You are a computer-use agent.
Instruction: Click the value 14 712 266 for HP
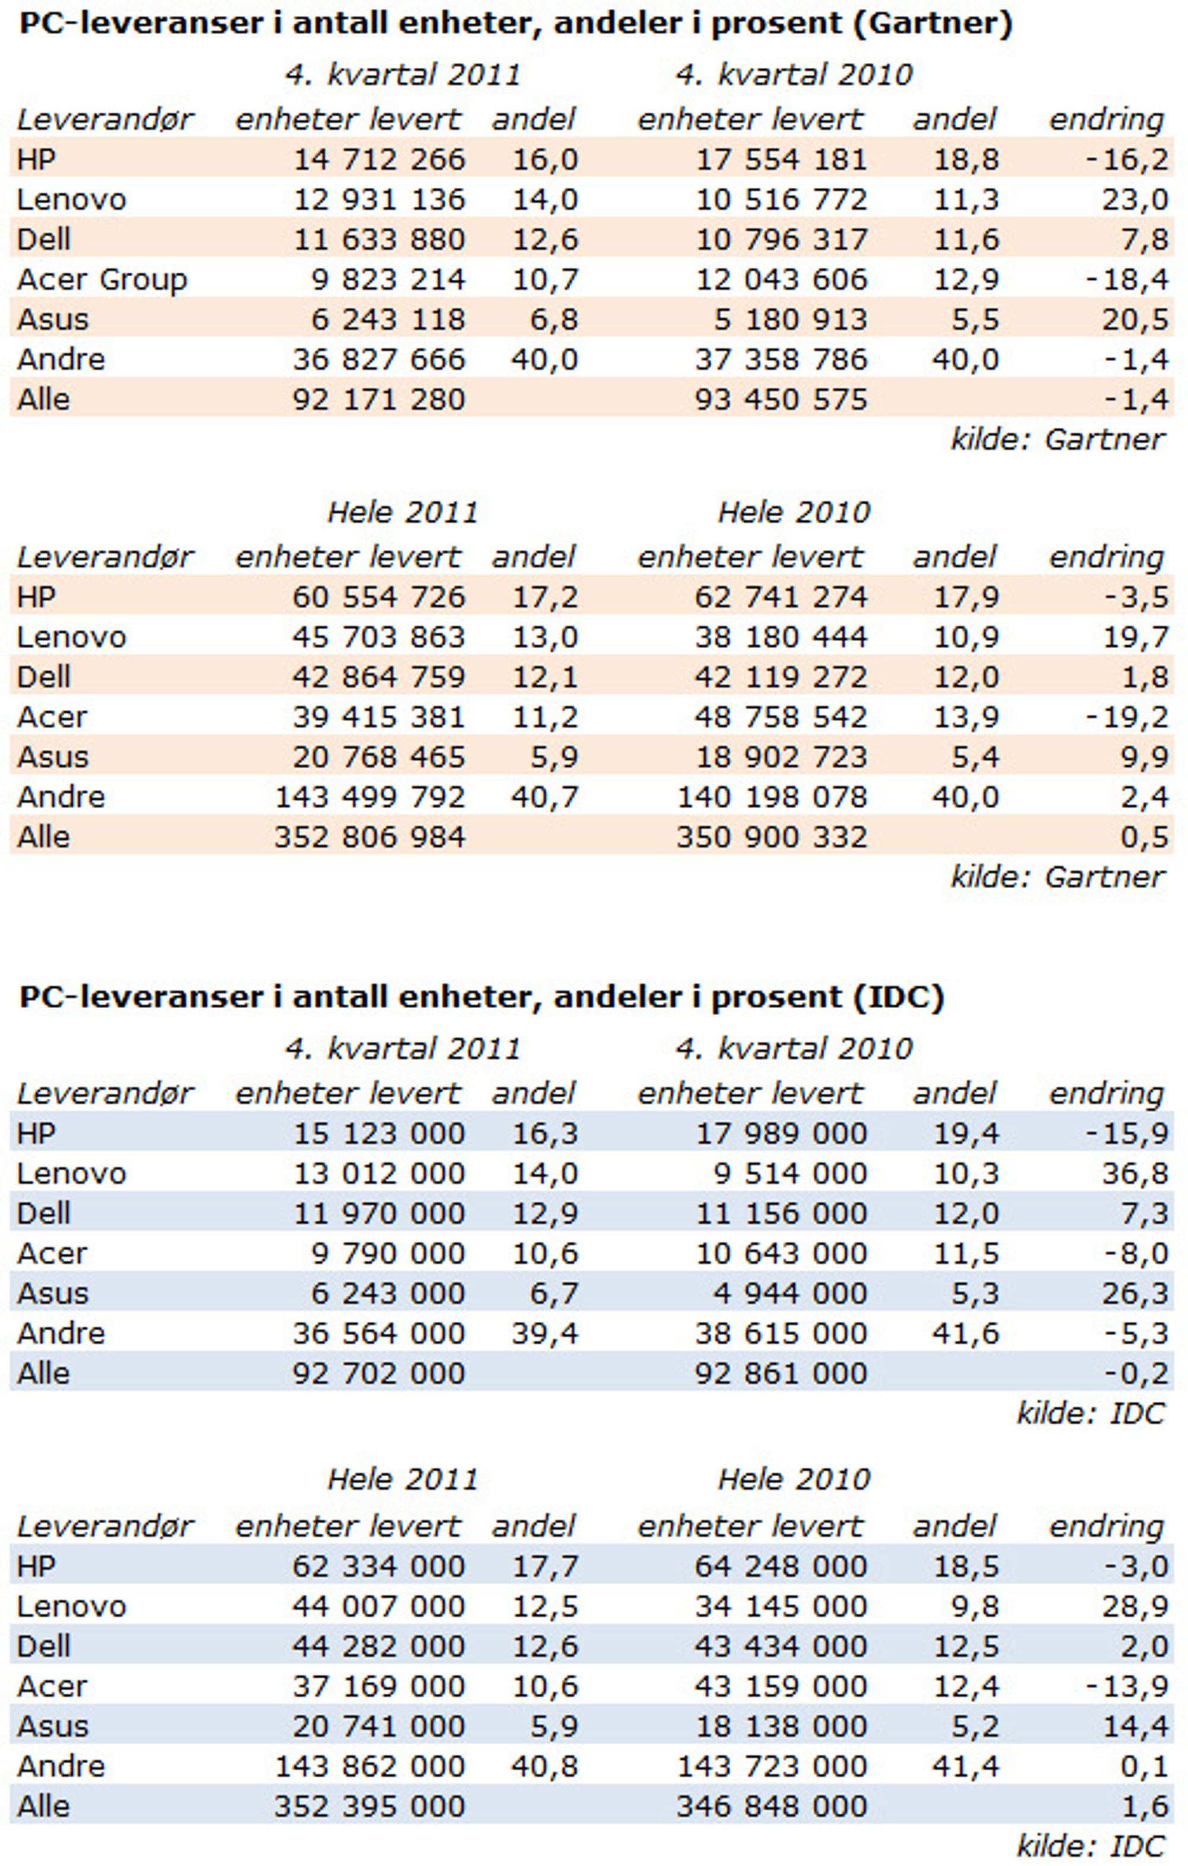pyautogui.click(x=379, y=160)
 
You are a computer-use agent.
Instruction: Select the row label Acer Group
pyautogui.click(x=102, y=280)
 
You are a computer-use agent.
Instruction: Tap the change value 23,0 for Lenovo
pyautogui.click(x=1135, y=200)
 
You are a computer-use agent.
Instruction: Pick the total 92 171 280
pyautogui.click(x=379, y=400)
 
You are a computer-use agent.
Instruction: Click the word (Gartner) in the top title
pyautogui.click(x=933, y=24)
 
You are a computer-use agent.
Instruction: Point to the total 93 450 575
pyautogui.click(x=781, y=400)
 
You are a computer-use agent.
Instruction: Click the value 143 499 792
pyautogui.click(x=371, y=797)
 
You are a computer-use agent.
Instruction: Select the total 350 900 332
pyautogui.click(x=772, y=838)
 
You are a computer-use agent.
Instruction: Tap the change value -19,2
pyautogui.click(x=1127, y=718)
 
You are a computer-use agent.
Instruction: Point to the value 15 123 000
pyautogui.click(x=379, y=1134)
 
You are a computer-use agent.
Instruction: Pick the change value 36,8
pyautogui.click(x=1135, y=1174)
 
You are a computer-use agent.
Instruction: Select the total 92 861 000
pyautogui.click(x=781, y=1374)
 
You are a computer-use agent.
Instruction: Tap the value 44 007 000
pyautogui.click(x=379, y=1606)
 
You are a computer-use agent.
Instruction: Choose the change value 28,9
pyautogui.click(x=1135, y=1606)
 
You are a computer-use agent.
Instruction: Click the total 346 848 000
pyautogui.click(x=772, y=1807)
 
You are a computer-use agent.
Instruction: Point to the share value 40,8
pyautogui.click(x=544, y=1766)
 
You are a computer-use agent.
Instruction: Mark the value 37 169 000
pyautogui.click(x=379, y=1686)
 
